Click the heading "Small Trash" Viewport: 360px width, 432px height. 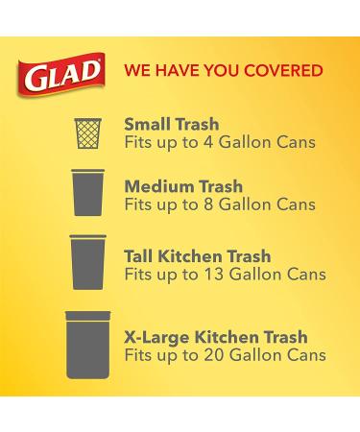coord(172,123)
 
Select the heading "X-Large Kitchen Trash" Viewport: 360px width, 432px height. coord(215,337)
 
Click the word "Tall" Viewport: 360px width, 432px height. coord(140,256)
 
